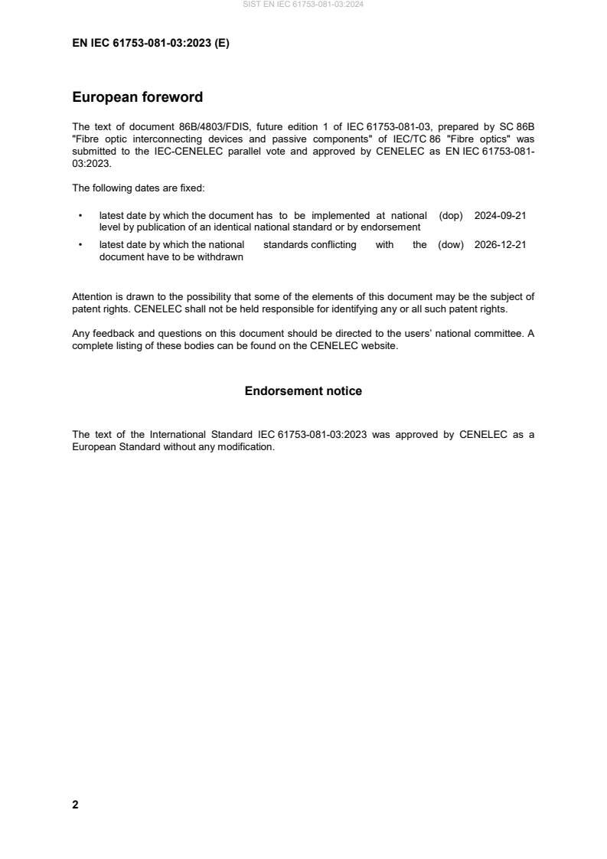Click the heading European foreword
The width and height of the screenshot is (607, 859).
click(x=137, y=97)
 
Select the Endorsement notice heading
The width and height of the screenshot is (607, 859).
click(x=303, y=391)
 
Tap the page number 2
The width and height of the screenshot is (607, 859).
click(x=75, y=805)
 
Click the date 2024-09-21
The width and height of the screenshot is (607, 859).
click(x=500, y=216)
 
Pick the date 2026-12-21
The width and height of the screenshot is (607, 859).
click(x=500, y=245)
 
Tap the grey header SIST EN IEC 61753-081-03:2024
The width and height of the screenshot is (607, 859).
click(x=303, y=5)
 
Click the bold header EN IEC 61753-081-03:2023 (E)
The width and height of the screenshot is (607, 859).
click(x=150, y=44)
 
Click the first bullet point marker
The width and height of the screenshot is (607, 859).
click(x=80, y=216)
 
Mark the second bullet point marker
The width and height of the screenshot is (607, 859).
click(x=80, y=245)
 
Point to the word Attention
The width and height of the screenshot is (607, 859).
click(x=92, y=296)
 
